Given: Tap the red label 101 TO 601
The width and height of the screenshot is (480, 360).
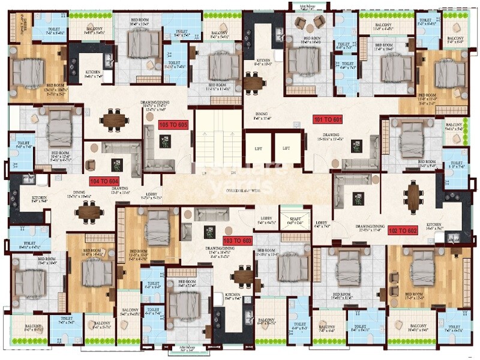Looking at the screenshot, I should [x=328, y=119].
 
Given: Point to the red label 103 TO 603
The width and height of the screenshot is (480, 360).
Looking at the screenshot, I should [x=238, y=240].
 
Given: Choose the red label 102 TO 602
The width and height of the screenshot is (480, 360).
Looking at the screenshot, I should [x=403, y=230].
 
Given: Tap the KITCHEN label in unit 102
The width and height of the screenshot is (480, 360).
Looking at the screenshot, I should [x=433, y=225].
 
